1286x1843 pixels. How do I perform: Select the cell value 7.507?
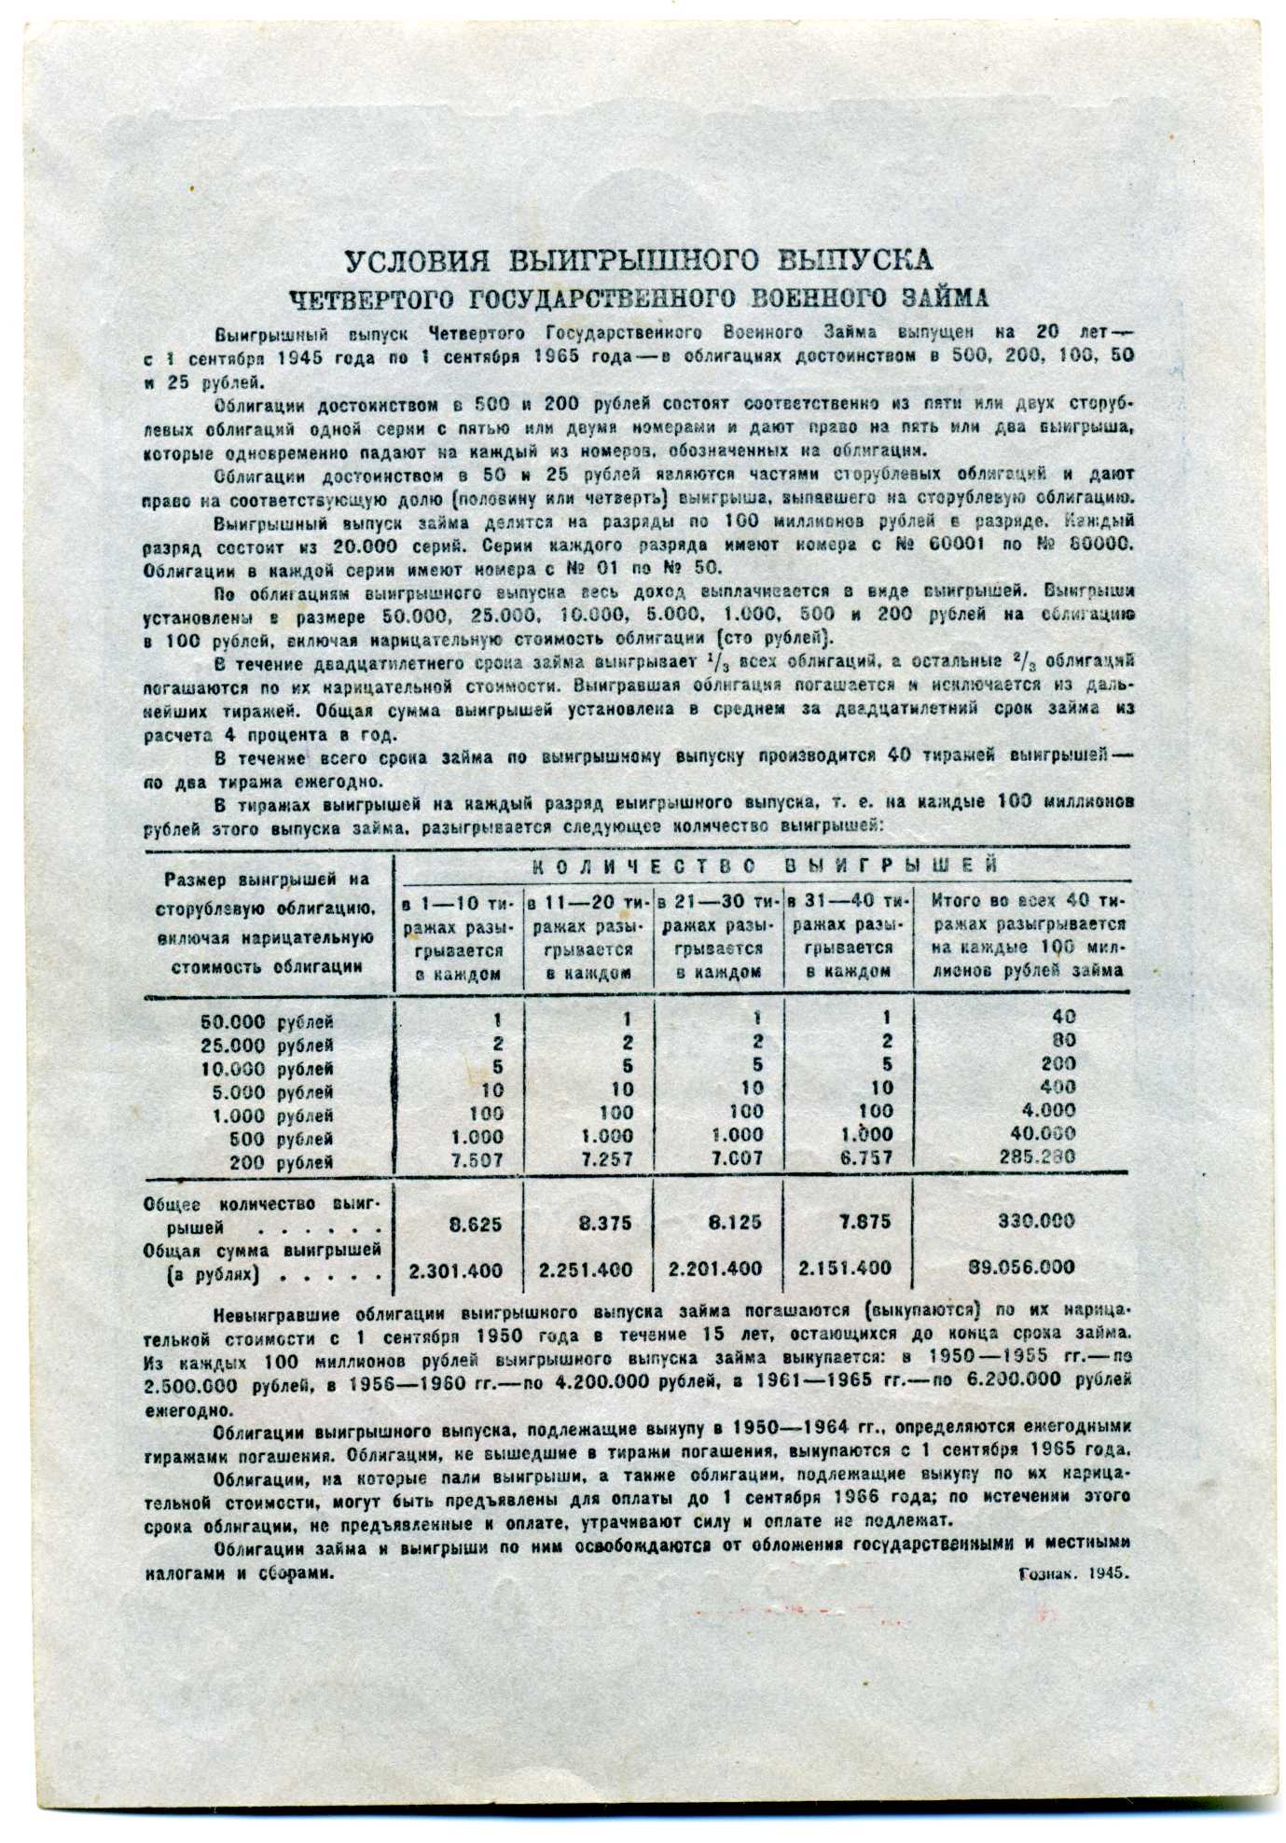coord(477,1158)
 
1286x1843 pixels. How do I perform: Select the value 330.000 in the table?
coord(1036,1221)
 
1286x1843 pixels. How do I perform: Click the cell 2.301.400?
coord(456,1269)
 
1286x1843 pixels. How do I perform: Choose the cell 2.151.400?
coord(845,1268)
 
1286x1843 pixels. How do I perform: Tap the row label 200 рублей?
coord(292,1163)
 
